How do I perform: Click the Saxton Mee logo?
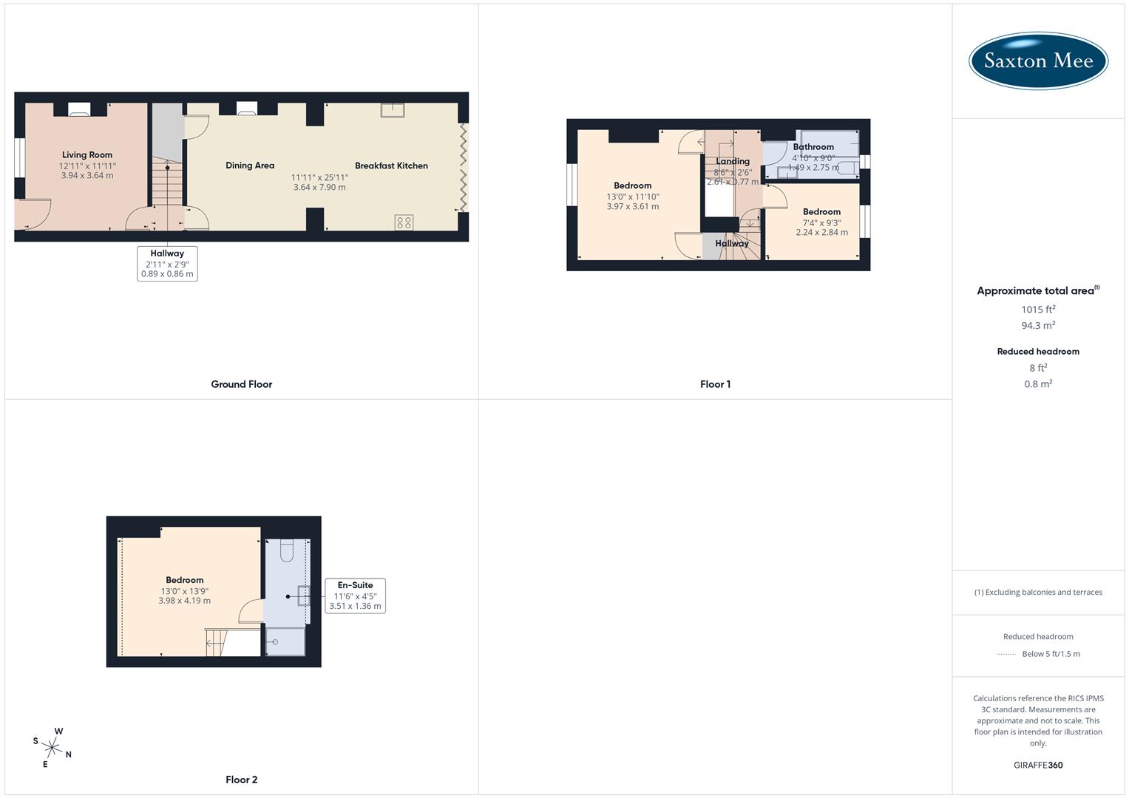click(1038, 61)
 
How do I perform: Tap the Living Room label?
click(87, 155)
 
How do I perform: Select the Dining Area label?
click(250, 166)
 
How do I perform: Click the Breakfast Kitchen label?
click(391, 166)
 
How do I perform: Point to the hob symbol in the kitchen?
click(404, 222)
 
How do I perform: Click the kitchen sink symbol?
click(393, 110)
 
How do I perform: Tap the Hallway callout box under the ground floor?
click(167, 264)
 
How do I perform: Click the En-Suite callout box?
click(355, 596)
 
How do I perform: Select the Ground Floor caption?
click(241, 384)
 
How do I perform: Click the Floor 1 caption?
click(715, 384)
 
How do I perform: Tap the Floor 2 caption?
click(241, 780)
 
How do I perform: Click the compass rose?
click(52, 747)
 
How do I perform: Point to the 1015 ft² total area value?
click(1038, 310)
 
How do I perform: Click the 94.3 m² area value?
click(1038, 326)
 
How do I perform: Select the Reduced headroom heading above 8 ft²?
click(1038, 352)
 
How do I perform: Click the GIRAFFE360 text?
click(1038, 765)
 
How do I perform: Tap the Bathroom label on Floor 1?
click(813, 147)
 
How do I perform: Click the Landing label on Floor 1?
click(733, 161)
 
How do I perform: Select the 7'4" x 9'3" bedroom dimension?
click(821, 222)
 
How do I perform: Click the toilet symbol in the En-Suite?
click(288, 550)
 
